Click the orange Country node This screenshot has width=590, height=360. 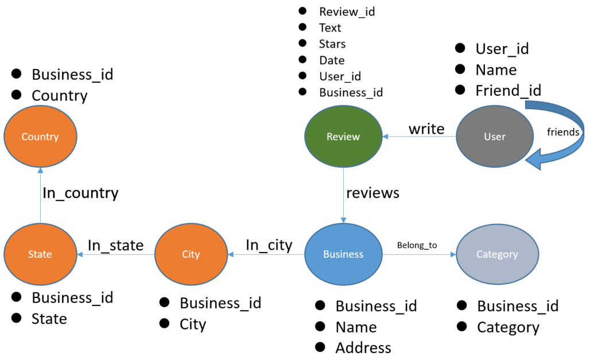40,137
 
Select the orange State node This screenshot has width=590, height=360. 40,254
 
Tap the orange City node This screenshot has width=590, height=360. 191,254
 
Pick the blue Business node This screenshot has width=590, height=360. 343,254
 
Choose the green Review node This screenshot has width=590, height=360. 343,137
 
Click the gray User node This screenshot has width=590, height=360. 494,137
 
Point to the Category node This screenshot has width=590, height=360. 497,254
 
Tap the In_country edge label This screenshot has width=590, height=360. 80,193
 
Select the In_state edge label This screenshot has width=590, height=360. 115,245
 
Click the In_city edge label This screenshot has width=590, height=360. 269,245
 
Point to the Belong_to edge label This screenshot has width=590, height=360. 417,246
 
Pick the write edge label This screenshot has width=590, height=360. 426,129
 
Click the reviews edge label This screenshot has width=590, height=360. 372,193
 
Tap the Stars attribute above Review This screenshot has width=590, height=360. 332,44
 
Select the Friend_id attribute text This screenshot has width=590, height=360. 508,90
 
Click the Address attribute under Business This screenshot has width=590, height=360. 363,348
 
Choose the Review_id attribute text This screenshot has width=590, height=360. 347,11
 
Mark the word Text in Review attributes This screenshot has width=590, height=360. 330,28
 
